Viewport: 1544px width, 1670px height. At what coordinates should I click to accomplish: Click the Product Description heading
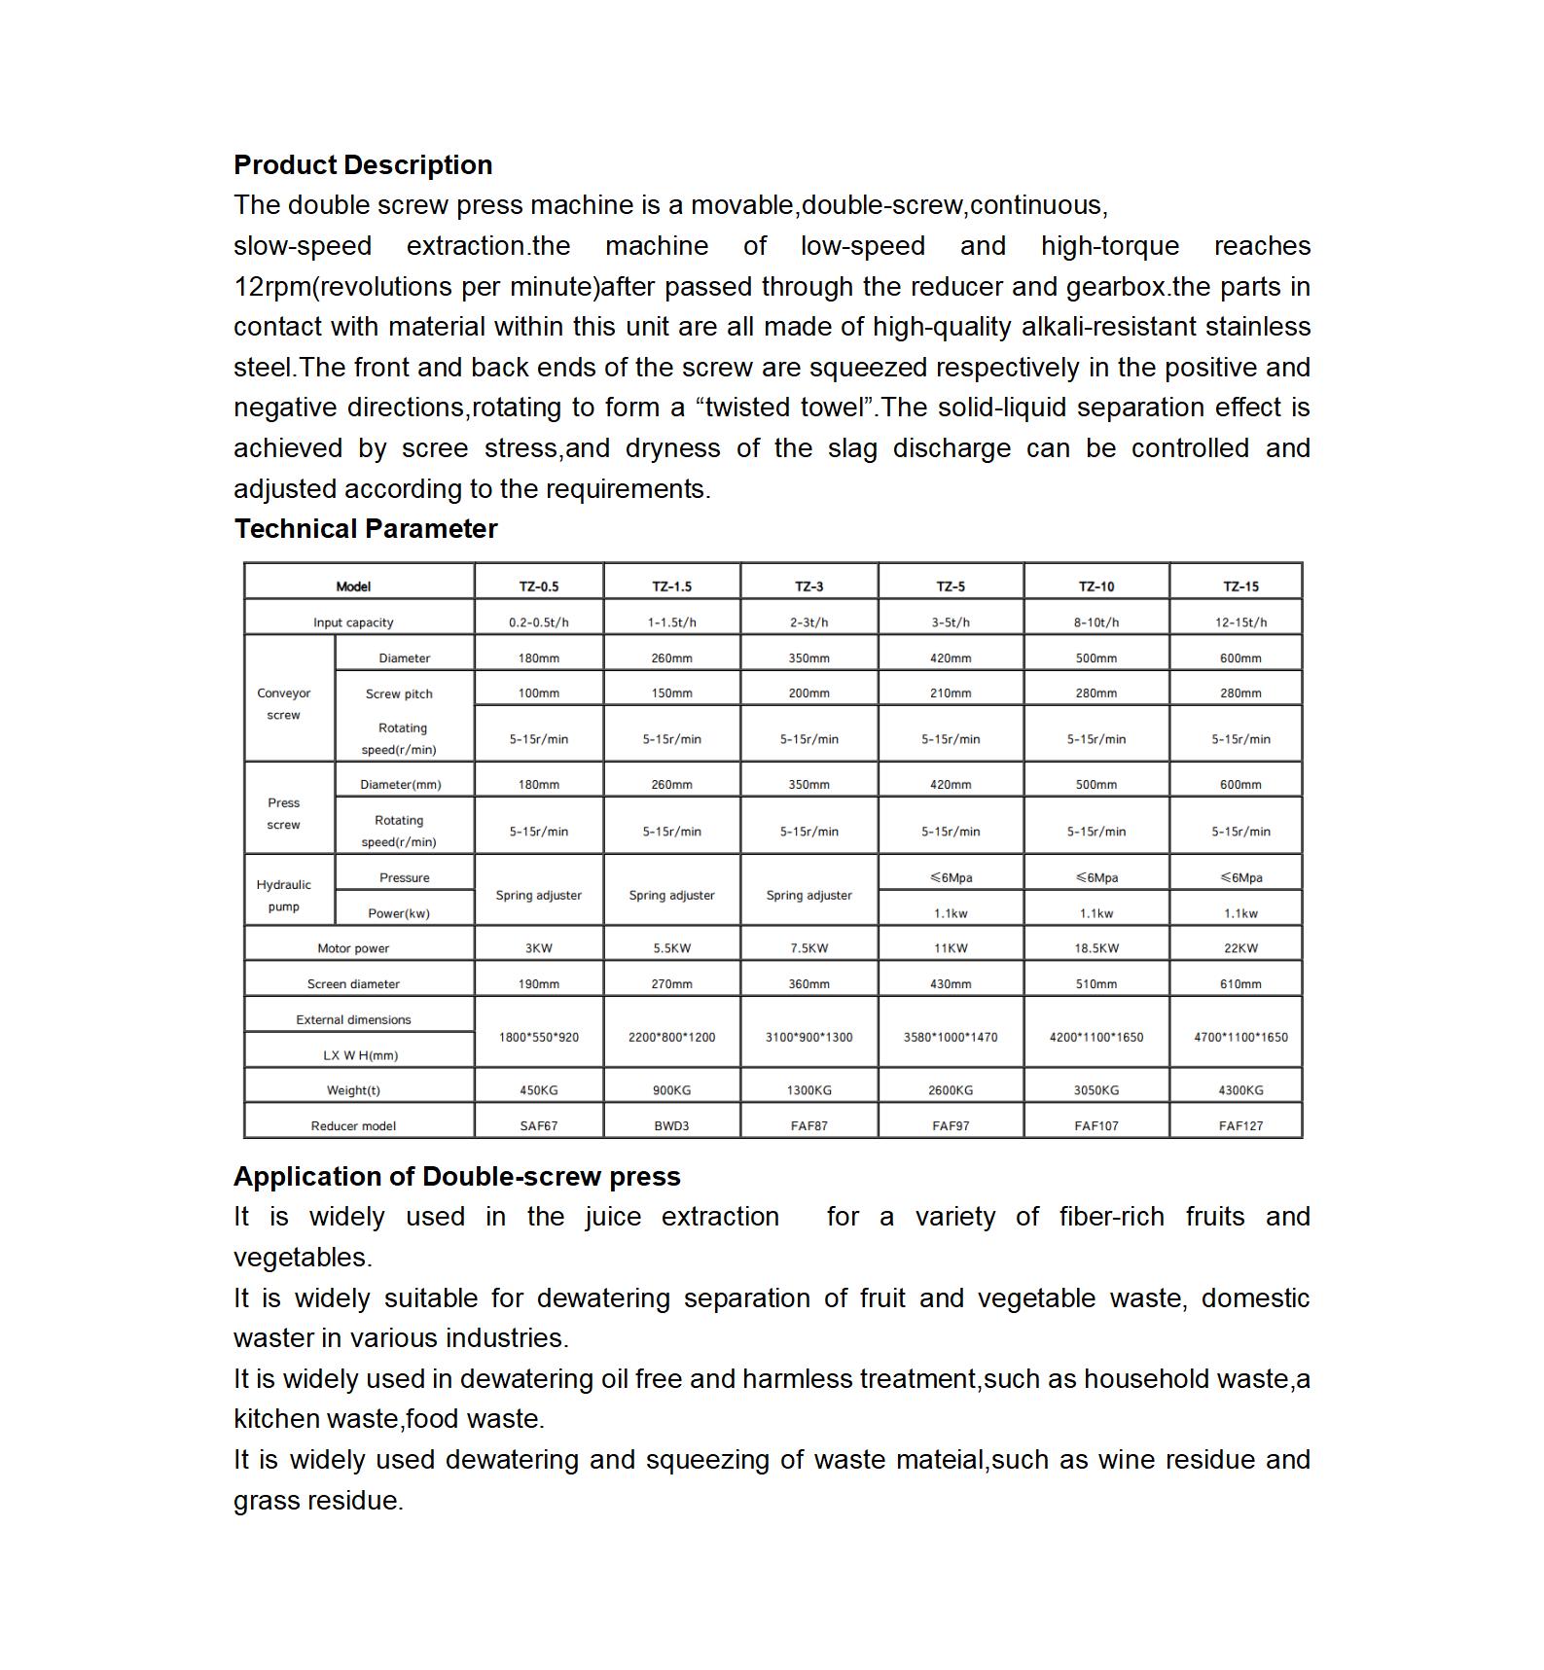[363, 165]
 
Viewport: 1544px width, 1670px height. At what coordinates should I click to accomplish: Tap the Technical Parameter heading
[366, 529]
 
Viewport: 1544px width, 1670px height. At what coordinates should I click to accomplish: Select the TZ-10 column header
[1096, 586]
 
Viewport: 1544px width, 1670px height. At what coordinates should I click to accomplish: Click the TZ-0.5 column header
[539, 586]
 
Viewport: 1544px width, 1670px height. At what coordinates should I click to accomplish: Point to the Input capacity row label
[353, 622]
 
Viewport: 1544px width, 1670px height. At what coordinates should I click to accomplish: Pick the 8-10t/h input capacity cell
[1096, 622]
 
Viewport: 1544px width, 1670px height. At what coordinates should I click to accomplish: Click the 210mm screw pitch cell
[951, 693]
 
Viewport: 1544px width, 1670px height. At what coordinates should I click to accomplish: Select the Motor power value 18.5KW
[1096, 948]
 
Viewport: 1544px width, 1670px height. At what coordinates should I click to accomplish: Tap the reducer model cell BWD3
[671, 1126]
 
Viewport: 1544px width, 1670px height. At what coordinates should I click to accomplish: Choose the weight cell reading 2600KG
[951, 1090]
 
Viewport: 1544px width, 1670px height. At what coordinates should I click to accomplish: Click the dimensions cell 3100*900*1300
[808, 1038]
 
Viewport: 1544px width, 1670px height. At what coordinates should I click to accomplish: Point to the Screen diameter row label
[353, 984]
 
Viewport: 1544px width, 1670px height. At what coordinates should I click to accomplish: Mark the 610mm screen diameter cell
[1240, 984]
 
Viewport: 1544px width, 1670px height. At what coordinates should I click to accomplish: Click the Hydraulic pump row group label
[284, 896]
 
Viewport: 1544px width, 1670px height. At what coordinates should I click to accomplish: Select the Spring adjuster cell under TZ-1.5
[671, 895]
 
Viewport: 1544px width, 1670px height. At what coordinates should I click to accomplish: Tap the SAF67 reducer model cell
[539, 1126]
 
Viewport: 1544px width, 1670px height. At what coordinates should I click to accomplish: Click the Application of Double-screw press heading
[457, 1177]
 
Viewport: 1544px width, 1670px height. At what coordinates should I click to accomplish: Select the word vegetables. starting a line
[303, 1258]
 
